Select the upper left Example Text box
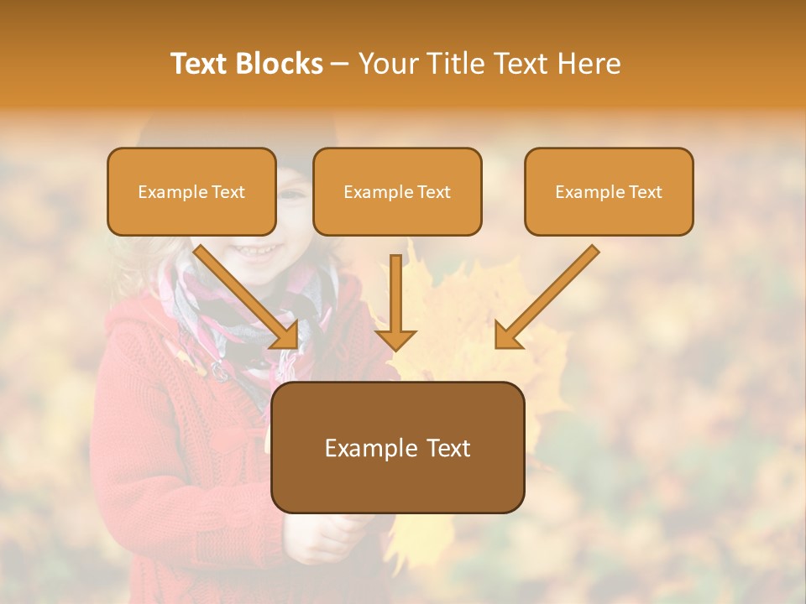(191, 192)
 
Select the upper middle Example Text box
(397, 192)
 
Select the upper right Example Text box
(609, 192)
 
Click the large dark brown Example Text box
(397, 448)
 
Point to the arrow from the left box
(243, 294)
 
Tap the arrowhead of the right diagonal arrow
(506, 336)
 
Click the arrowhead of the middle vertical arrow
(395, 340)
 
